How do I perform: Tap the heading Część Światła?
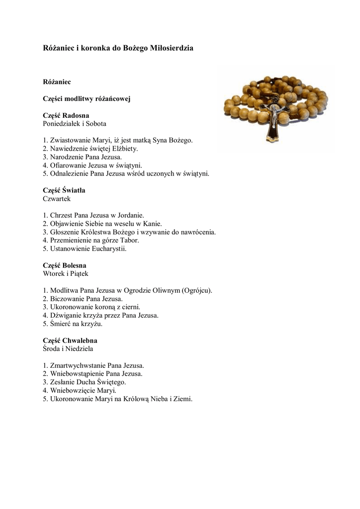[x=68, y=190]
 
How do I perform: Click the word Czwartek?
[x=57, y=198]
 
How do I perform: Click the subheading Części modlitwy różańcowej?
[x=87, y=98]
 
